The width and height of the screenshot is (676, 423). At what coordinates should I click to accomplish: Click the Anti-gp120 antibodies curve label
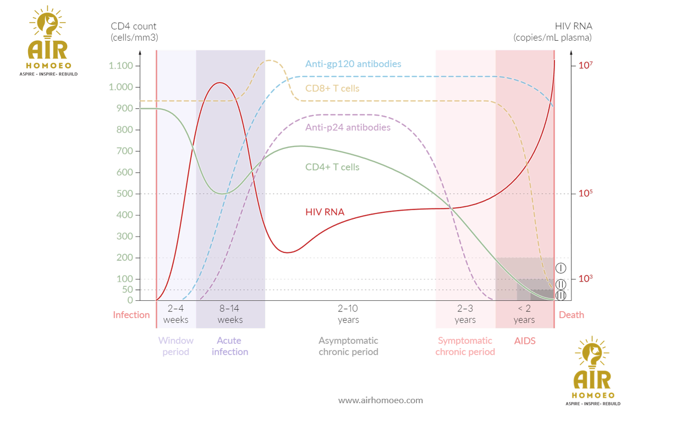[x=353, y=64]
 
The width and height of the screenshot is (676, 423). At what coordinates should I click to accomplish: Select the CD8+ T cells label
[x=332, y=89]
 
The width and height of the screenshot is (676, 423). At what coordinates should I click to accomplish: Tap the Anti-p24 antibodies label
[x=348, y=128]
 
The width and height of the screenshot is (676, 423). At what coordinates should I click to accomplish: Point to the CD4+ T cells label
[x=332, y=167]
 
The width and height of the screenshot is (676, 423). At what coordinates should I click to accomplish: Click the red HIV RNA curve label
[x=325, y=212]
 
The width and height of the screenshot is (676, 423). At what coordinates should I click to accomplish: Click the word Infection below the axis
[x=131, y=315]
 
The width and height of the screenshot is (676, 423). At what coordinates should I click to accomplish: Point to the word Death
[x=571, y=315]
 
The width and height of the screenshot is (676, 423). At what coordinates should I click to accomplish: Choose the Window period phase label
[x=176, y=347]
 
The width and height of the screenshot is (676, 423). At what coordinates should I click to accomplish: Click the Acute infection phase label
[x=230, y=347]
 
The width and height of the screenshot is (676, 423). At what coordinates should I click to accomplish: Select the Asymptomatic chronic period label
[x=349, y=347]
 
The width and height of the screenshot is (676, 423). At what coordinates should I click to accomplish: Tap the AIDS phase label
[x=525, y=341]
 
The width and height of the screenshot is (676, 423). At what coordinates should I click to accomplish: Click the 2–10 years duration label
[x=348, y=314]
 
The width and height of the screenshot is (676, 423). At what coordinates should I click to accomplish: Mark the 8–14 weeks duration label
[x=230, y=314]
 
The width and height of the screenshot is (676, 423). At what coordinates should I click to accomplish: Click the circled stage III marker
[x=561, y=296]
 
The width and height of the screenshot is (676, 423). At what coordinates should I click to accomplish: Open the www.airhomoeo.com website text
[x=381, y=400]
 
